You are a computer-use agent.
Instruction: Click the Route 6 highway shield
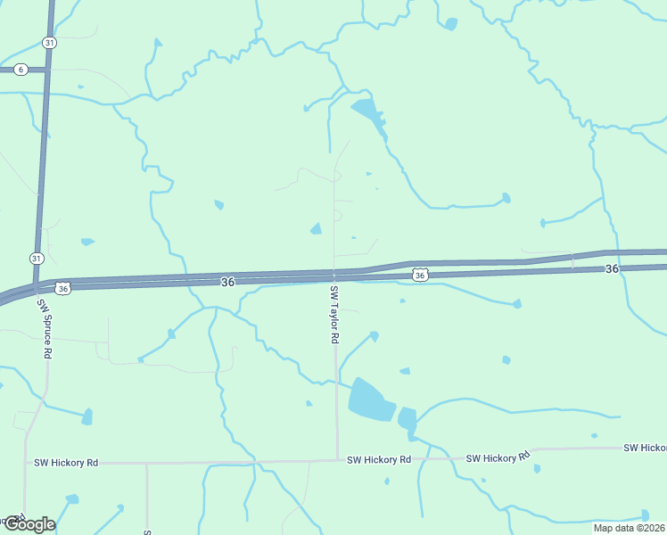pos(21,70)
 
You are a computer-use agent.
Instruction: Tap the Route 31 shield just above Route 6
pos(48,43)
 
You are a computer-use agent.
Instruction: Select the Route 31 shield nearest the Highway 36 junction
pos(35,258)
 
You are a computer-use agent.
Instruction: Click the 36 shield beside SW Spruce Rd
pos(62,288)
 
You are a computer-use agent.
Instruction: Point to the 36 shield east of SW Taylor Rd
pos(419,276)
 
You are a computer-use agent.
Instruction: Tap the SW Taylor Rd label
pos(334,316)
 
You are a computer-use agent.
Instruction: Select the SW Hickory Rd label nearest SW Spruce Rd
pos(66,463)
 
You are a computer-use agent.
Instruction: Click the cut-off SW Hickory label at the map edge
pos(645,448)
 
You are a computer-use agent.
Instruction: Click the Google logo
pos(29,524)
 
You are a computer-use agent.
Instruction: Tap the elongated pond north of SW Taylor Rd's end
pos(369,114)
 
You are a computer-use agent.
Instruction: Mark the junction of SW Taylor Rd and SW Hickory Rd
pos(337,460)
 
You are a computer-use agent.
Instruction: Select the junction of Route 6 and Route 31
pos(45,70)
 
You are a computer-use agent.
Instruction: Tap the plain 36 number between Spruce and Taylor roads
pos(227,282)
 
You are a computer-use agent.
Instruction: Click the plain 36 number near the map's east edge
pos(611,268)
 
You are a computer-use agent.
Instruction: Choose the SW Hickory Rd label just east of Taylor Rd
pos(380,459)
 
